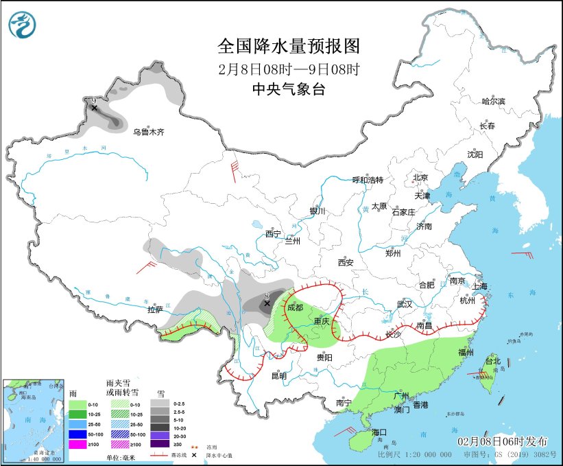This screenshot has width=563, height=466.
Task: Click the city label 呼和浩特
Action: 368,180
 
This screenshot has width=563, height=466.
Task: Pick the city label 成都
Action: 295,307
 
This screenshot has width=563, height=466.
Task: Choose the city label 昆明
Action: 278,375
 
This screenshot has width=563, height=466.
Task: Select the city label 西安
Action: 345,262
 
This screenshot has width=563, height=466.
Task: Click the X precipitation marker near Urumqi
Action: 94,108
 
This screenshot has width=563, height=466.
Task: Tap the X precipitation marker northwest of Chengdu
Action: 267,303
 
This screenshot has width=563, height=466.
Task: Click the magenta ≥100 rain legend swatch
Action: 77,445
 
